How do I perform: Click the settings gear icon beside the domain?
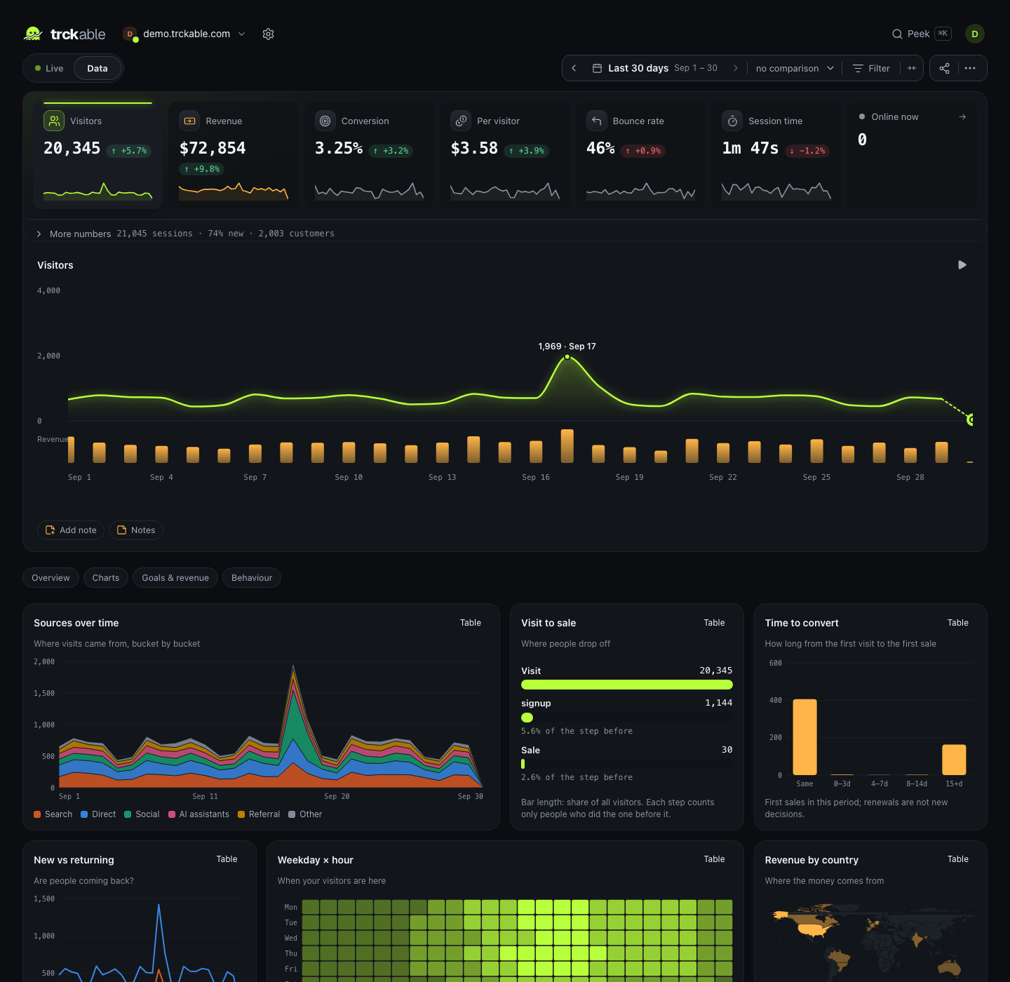[268, 34]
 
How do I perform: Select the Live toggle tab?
[49, 69]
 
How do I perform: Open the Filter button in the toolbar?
[871, 69]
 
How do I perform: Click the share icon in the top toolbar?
[944, 69]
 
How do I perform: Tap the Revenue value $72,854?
[213, 149]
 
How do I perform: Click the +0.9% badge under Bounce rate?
[643, 151]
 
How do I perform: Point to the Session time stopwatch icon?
[732, 121]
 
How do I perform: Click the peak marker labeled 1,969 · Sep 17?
[567, 357]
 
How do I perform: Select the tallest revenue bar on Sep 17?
[567, 446]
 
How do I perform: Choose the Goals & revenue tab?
[175, 578]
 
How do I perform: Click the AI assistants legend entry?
[198, 814]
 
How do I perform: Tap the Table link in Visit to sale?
[713, 622]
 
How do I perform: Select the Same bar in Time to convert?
[804, 737]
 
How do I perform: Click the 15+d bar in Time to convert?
[954, 760]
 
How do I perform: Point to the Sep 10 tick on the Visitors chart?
[349, 477]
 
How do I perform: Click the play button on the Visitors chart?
[962, 265]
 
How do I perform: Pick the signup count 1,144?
[718, 703]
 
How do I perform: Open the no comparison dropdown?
[795, 69]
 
